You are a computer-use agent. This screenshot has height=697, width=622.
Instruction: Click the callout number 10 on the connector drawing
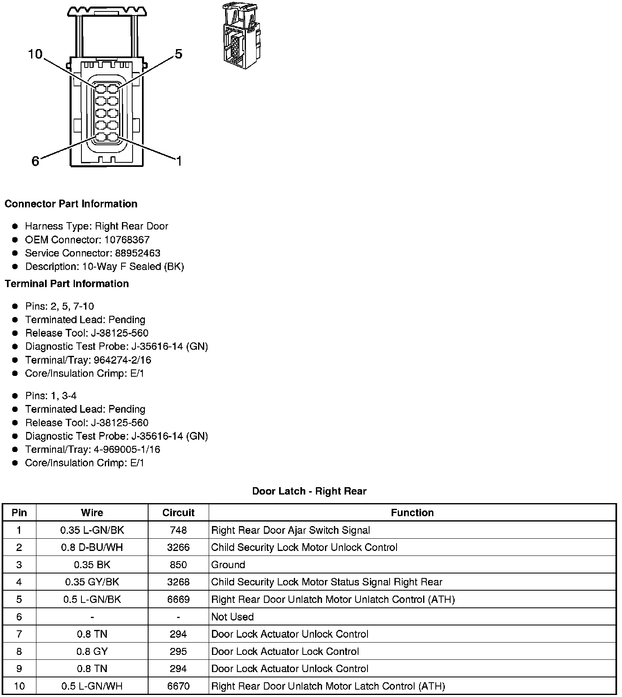coord(35,54)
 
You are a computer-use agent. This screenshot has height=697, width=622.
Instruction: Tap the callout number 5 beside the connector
coord(178,54)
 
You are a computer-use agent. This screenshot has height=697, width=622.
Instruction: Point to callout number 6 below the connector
coord(35,161)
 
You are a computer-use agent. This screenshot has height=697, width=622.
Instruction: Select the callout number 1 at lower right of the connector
coord(179,161)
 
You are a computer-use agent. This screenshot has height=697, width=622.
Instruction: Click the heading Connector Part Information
coord(71,204)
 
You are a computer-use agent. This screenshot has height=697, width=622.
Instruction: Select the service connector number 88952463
coord(137,253)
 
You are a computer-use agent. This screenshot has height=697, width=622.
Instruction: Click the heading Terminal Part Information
coord(67,283)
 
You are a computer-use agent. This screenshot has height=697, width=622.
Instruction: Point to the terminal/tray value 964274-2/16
coord(122,360)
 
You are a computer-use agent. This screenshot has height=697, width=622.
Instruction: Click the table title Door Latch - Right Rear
coord(309,491)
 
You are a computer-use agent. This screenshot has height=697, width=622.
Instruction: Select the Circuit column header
coord(178,513)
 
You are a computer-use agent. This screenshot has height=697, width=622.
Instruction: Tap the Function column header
coord(412,513)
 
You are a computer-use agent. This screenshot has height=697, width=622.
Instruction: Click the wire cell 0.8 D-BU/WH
coord(92,547)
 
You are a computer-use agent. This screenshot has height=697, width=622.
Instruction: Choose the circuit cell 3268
coord(178,582)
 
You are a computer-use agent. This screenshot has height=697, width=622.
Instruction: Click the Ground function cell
coord(228,564)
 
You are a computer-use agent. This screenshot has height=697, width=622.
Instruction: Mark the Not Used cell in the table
coord(232,616)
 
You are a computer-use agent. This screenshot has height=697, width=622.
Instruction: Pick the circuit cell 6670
coord(178,686)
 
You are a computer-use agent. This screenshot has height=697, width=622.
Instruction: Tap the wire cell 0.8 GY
coord(92,651)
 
